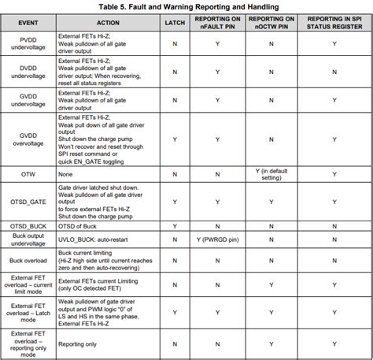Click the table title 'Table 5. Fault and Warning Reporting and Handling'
pyautogui.click(x=187, y=6)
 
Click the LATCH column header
pyautogui.click(x=175, y=23)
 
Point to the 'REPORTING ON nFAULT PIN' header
pyautogui.click(x=218, y=23)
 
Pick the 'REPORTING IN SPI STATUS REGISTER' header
pyautogui.click(x=334, y=23)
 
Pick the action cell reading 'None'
pyautogui.click(x=66, y=173)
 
